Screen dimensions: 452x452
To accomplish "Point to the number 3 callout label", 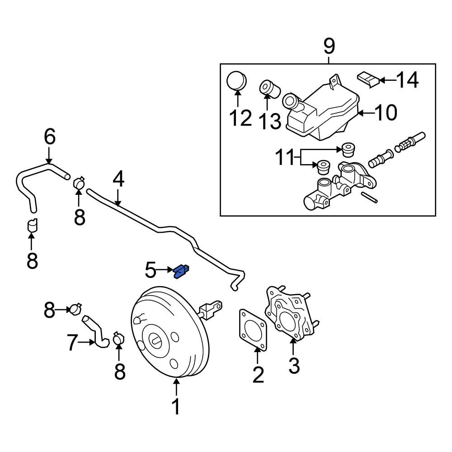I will coord(294,365).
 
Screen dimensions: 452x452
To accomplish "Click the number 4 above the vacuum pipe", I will coord(118,180).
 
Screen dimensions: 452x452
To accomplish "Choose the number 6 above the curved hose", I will coord(50,137).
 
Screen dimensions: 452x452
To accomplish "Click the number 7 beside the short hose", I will coord(73,343).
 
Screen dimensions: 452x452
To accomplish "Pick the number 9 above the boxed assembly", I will coord(329,46).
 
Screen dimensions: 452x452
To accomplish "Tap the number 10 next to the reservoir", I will coord(386,113).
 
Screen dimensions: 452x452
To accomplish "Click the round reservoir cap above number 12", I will coord(237,81).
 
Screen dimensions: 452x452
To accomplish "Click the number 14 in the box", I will coord(407,80).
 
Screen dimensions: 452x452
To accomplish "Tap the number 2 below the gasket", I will coord(258,375).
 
